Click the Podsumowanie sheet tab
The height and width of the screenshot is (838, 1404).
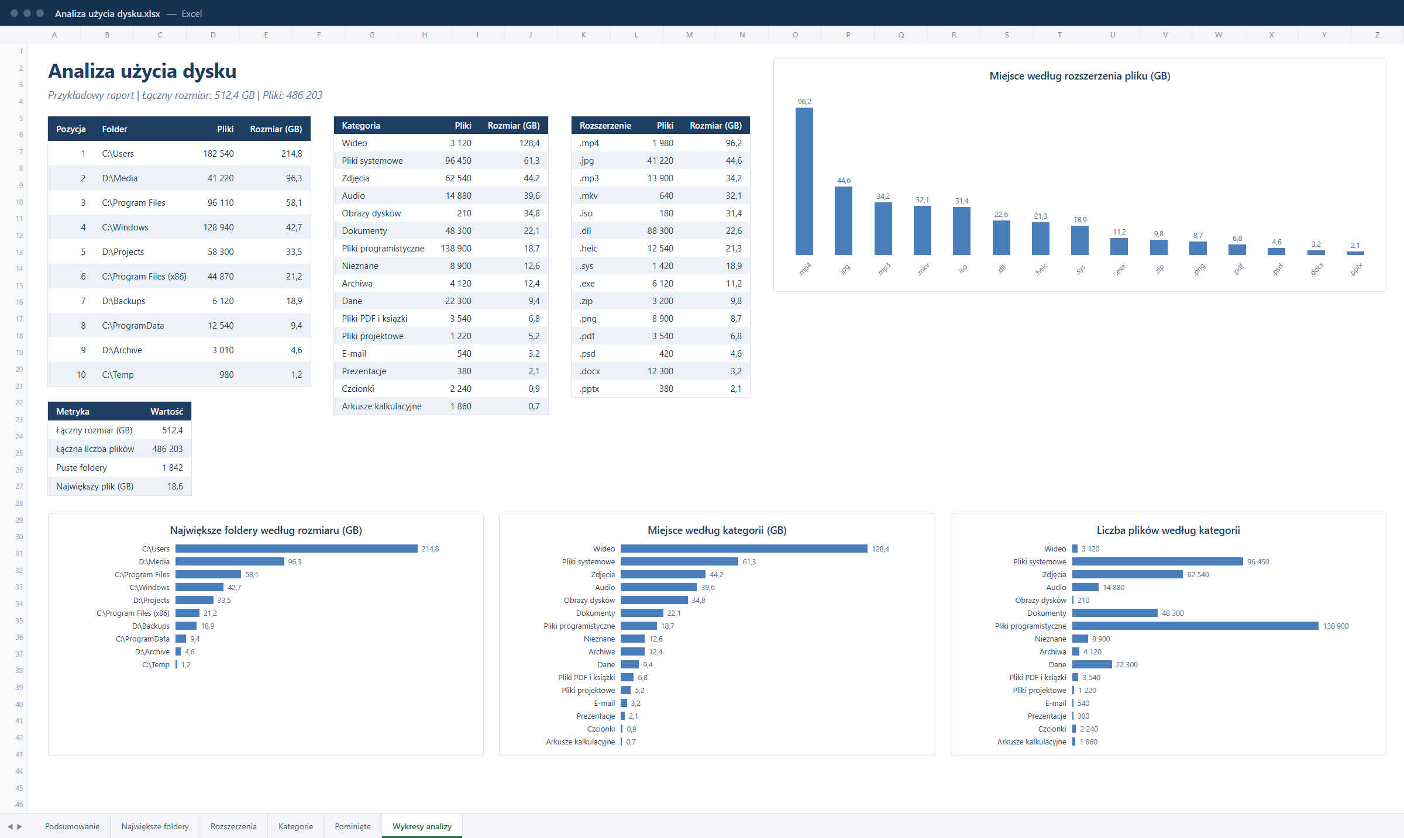[x=72, y=826]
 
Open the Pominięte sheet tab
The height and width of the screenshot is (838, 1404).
[x=353, y=826]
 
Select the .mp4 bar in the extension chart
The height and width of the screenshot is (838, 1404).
[x=804, y=181]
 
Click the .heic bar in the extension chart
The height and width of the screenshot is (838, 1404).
[x=1040, y=239]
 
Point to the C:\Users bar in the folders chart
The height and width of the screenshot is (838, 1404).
[x=297, y=549]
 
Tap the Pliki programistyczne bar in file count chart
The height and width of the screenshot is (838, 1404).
[x=1195, y=626]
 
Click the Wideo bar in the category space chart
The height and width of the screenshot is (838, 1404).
[x=744, y=549]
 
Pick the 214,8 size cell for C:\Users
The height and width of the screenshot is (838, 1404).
[x=291, y=154]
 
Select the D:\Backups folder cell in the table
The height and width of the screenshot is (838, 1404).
[x=123, y=301]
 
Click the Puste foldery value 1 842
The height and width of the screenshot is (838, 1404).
[x=173, y=468]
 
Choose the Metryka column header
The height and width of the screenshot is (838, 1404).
[x=73, y=412]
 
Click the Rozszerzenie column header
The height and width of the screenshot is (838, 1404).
[x=605, y=126]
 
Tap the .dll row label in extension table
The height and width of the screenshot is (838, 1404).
[x=585, y=231]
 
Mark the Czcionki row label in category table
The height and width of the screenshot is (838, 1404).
[x=358, y=389]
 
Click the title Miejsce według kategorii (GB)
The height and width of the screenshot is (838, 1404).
[x=717, y=530]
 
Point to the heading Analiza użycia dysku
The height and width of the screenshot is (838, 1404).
[x=142, y=71]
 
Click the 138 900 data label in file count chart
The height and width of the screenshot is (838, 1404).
[x=1336, y=626]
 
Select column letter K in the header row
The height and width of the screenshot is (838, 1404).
[x=583, y=35]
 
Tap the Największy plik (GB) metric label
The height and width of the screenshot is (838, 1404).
[x=95, y=487]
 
